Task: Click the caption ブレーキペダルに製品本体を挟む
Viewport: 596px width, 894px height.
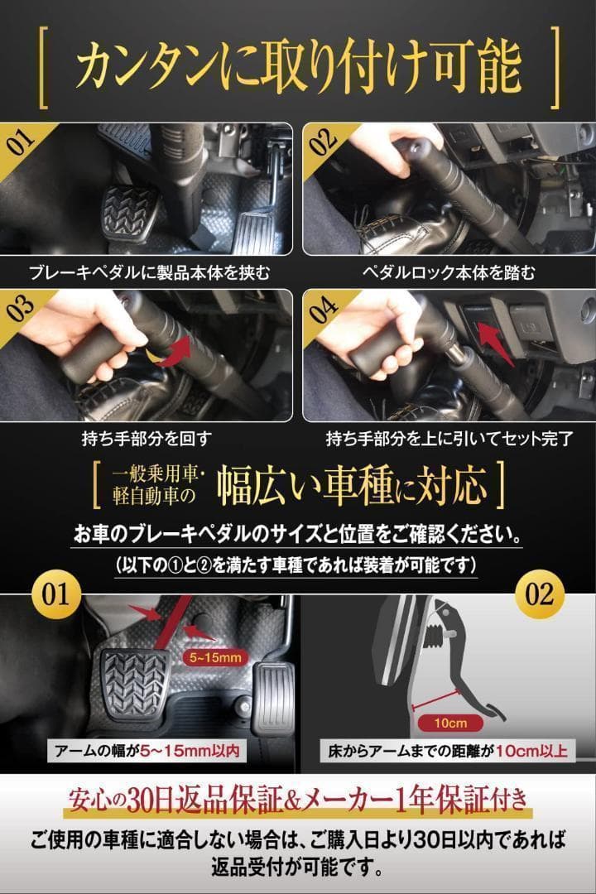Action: click(x=149, y=272)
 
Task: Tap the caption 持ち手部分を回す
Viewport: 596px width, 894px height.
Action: click(x=149, y=438)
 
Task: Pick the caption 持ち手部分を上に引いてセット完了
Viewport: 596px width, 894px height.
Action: click(x=448, y=438)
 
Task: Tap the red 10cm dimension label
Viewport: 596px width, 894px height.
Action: click(x=448, y=723)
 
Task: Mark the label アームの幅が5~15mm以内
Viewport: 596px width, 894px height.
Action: click(x=147, y=752)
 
